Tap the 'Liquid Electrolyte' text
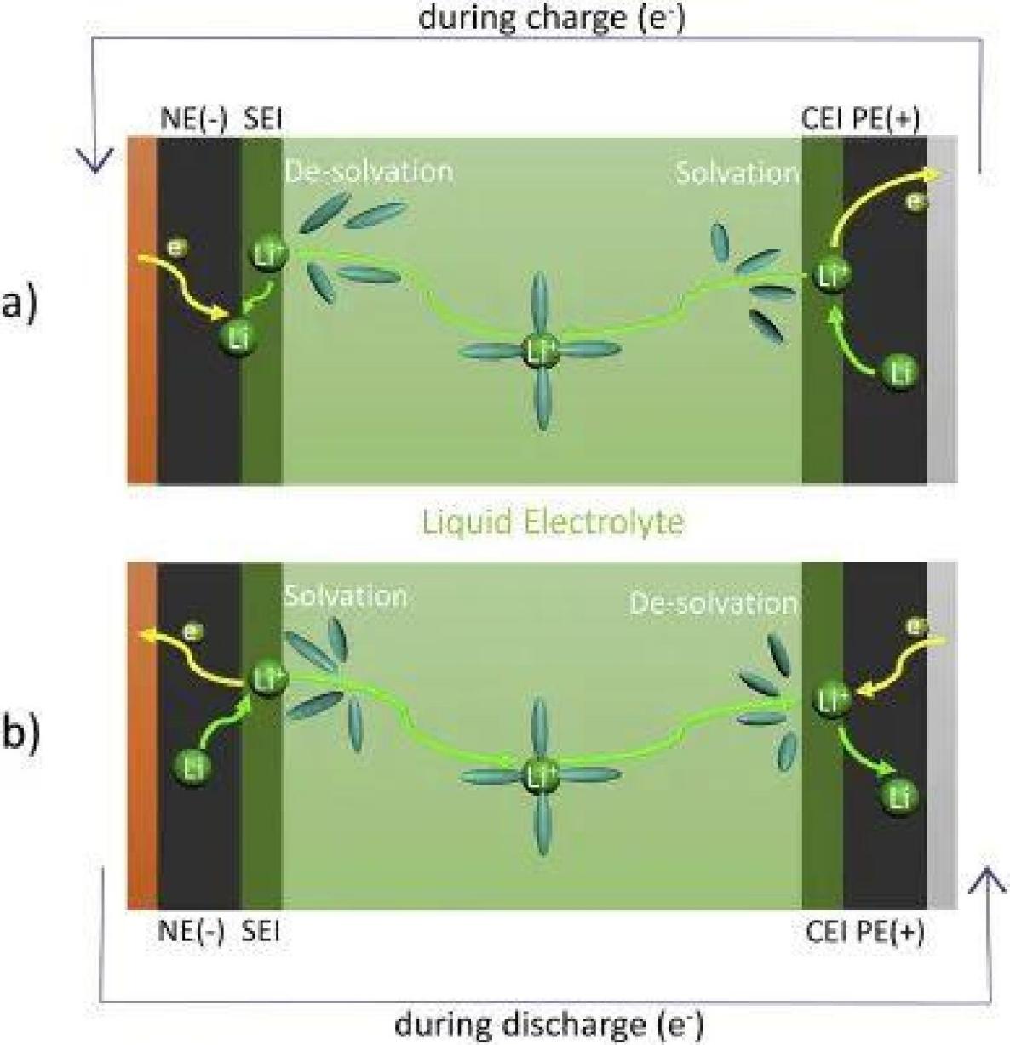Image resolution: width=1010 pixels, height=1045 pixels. (552, 521)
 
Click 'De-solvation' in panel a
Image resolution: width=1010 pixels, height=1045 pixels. (368, 171)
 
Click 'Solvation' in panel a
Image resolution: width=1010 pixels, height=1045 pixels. (737, 173)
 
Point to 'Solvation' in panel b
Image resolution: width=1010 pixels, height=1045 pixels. (345, 595)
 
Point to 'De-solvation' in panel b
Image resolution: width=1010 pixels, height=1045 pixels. (714, 603)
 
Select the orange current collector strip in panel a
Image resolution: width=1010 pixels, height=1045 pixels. (142, 311)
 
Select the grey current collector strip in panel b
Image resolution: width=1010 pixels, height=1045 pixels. (941, 736)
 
